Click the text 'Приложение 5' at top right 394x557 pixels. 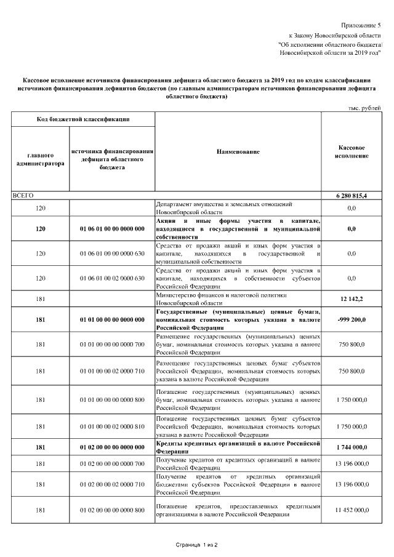tap(361, 25)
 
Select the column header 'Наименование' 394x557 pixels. tap(238, 151)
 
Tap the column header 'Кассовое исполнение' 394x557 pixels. tap(352, 152)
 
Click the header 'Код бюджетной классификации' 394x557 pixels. tap(82, 118)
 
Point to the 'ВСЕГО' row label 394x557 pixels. tap(23, 195)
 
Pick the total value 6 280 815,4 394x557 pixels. tap(352, 195)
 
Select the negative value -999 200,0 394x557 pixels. tap(352, 320)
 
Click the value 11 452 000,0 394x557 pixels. tap(352, 510)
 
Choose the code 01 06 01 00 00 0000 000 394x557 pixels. tap(112, 229)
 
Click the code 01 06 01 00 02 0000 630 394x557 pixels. tap(112, 278)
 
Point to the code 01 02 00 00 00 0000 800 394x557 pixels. tap(112, 510)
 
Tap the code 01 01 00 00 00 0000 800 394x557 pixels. tap(112, 399)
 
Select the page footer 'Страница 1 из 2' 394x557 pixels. tap(197, 545)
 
